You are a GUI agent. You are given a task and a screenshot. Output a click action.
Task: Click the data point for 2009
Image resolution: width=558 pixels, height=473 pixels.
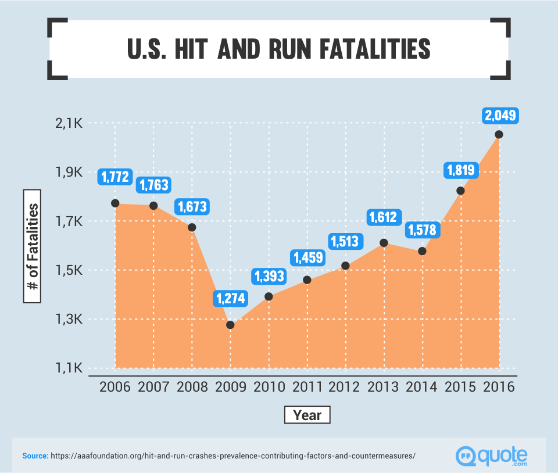tap(230, 325)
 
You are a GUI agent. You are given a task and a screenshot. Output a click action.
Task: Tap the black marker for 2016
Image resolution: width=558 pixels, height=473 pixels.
tap(499, 134)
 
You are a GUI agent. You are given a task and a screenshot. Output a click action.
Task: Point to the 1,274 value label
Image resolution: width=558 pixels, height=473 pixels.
tap(231, 299)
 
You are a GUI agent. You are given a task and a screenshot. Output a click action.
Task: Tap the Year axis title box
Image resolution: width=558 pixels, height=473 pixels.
tap(307, 415)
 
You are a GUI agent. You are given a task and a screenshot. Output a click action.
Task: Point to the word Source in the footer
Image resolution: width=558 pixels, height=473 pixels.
tap(35, 456)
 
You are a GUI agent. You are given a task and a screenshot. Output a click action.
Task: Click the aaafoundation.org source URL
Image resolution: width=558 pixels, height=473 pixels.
tap(233, 456)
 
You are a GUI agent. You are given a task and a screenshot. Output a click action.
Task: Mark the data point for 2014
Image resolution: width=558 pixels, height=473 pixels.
tap(422, 251)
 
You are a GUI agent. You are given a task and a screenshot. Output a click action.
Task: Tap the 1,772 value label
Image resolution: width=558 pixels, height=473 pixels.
tap(116, 177)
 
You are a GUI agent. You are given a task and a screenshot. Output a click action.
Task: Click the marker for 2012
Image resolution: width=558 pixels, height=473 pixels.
tap(346, 266)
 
